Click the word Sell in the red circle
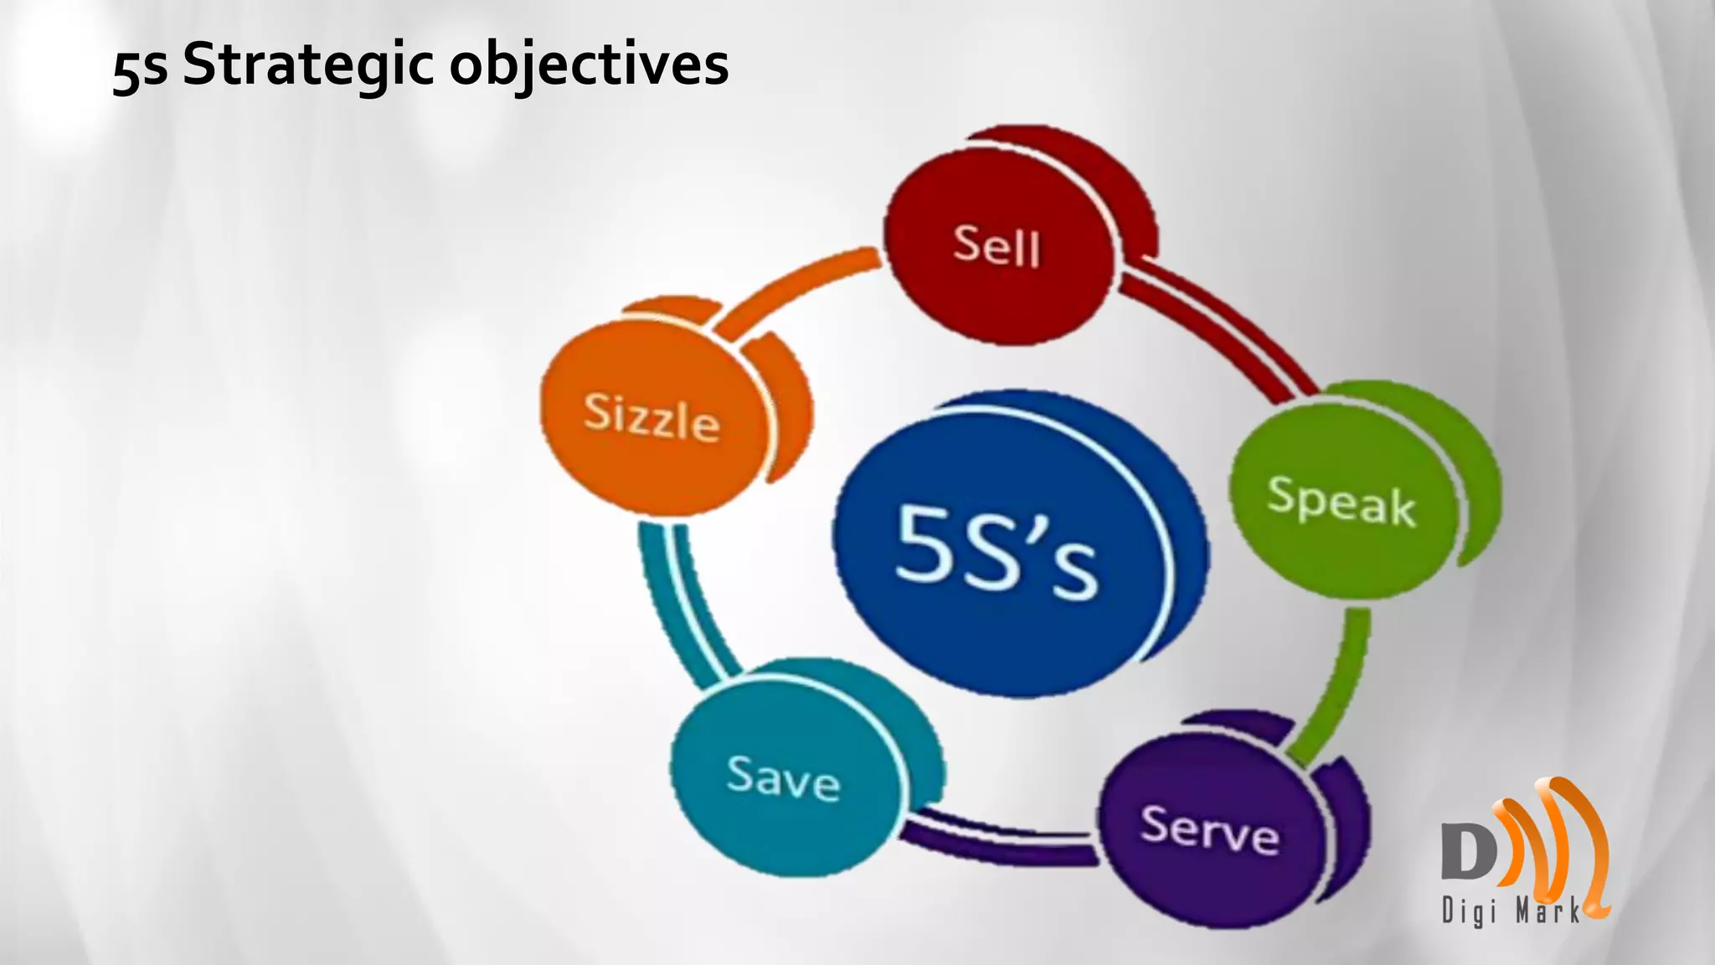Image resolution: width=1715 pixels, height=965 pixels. [x=997, y=245]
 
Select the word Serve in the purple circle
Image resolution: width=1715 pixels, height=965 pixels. [x=1210, y=829]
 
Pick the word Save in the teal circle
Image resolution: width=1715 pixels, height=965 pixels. [x=783, y=777]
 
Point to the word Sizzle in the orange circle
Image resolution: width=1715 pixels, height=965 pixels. [x=651, y=416]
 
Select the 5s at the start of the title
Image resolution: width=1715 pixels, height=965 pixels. [x=140, y=69]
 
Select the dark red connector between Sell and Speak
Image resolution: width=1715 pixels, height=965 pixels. [x=1214, y=327]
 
